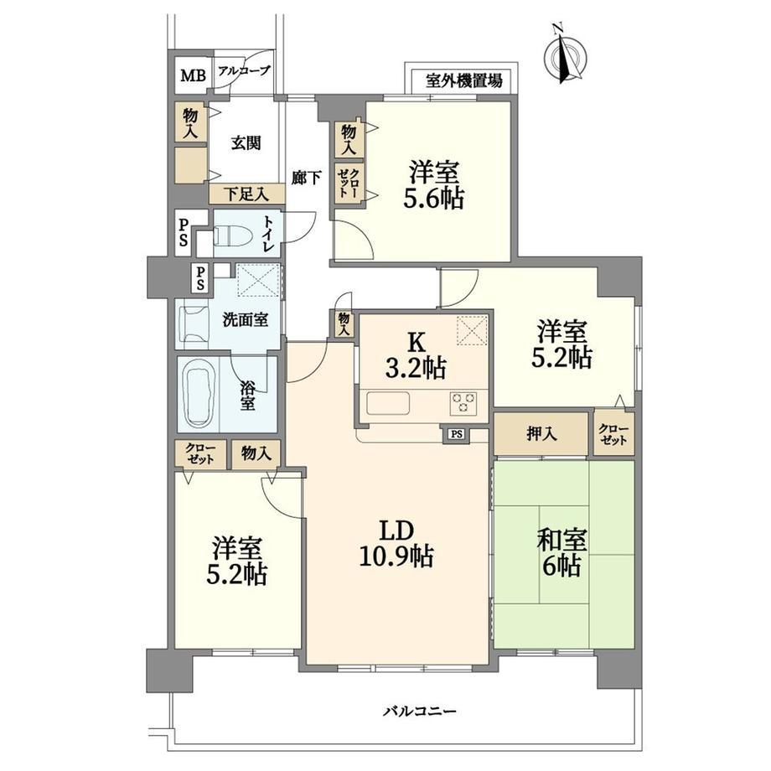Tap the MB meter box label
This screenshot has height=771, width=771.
pyautogui.click(x=193, y=75)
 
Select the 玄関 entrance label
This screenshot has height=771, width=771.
pyautogui.click(x=246, y=143)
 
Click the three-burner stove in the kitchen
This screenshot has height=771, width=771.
pyautogui.click(x=463, y=403)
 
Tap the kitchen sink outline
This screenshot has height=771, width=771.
pyautogui.click(x=389, y=404)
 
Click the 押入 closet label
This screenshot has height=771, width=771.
pyautogui.click(x=541, y=434)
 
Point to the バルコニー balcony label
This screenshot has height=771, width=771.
pyautogui.click(x=421, y=711)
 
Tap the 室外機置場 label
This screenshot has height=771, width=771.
pyautogui.click(x=464, y=80)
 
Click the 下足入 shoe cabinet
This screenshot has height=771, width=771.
pyautogui.click(x=247, y=194)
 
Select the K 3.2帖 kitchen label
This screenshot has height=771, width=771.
pyautogui.click(x=416, y=355)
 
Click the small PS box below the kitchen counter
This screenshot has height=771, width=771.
pyautogui.click(x=457, y=434)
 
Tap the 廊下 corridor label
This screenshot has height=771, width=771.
pyautogui.click(x=307, y=178)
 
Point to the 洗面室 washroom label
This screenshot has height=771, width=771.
pyautogui.click(x=246, y=320)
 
